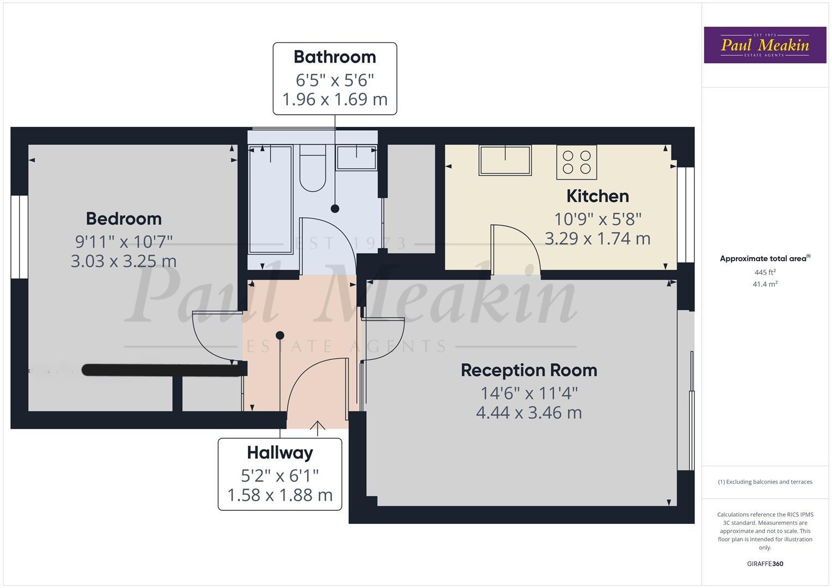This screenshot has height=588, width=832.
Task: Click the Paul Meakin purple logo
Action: pos(764,45)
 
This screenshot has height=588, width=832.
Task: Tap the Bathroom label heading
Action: pos(335,57)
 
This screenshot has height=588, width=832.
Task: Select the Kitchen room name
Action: pos(597,196)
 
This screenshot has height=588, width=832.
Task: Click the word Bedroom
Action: pos(124,218)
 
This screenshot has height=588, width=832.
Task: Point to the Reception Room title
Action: pos(529,370)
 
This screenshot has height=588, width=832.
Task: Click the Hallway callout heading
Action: pos(280,452)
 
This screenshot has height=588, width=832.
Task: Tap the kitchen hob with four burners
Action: pos(576,162)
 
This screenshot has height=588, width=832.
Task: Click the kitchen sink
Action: pos(505,160)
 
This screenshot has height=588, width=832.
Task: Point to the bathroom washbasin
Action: pos(356,157)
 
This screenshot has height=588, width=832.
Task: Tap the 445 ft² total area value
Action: pos(765,272)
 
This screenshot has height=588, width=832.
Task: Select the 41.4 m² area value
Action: pos(765,284)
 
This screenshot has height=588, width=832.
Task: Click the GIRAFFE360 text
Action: pos(765,563)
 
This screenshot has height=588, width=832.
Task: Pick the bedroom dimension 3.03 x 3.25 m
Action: pos(124,261)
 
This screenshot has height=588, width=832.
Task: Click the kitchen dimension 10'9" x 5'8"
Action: pos(597,219)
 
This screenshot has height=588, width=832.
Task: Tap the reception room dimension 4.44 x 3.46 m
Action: pos(529,413)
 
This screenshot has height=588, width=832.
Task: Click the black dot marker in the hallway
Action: pos(280,335)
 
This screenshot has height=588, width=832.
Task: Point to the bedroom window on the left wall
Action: pos(19,237)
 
